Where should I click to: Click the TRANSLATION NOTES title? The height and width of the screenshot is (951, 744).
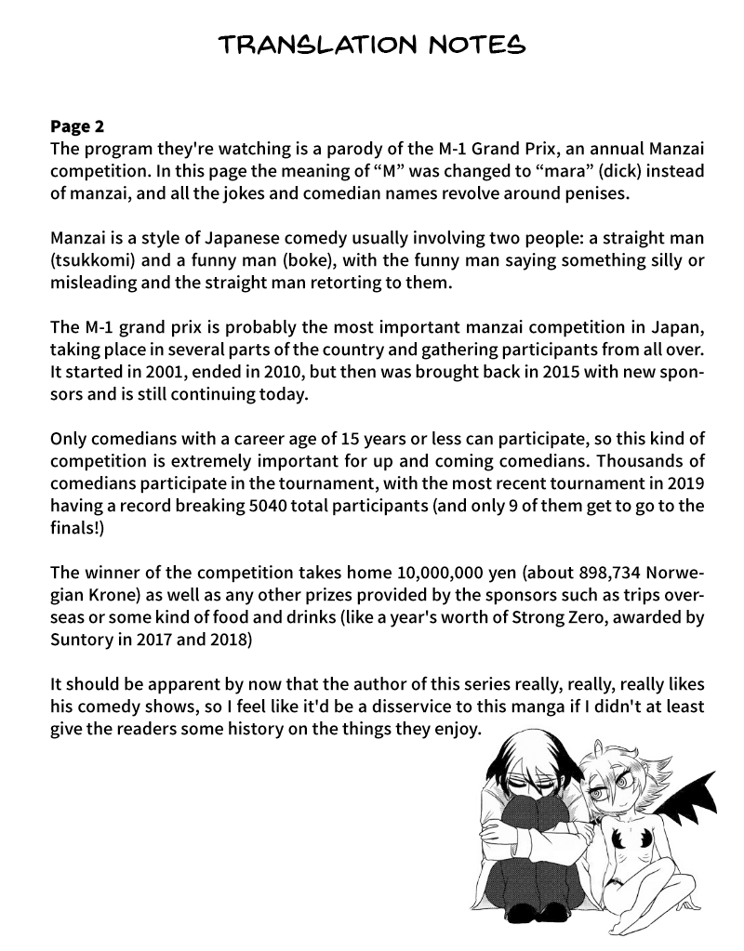click(372, 43)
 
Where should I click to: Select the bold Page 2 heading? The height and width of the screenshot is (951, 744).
click(84, 126)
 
